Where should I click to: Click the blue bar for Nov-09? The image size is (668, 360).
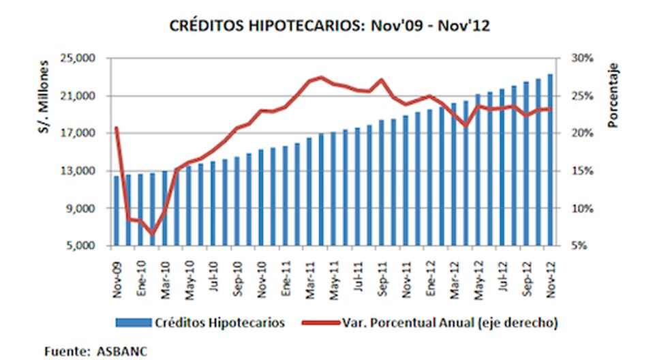pos(117,211)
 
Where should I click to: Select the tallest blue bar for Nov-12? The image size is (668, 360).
pos(549,160)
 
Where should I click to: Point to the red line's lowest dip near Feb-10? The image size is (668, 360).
pos(153,234)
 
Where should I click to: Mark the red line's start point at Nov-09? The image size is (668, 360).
pos(117,128)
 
